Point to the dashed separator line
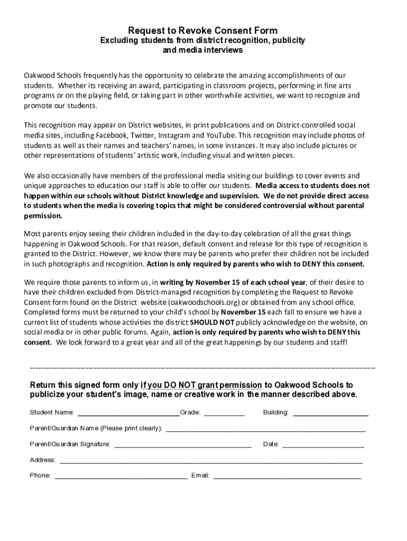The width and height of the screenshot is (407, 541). tap(203, 367)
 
